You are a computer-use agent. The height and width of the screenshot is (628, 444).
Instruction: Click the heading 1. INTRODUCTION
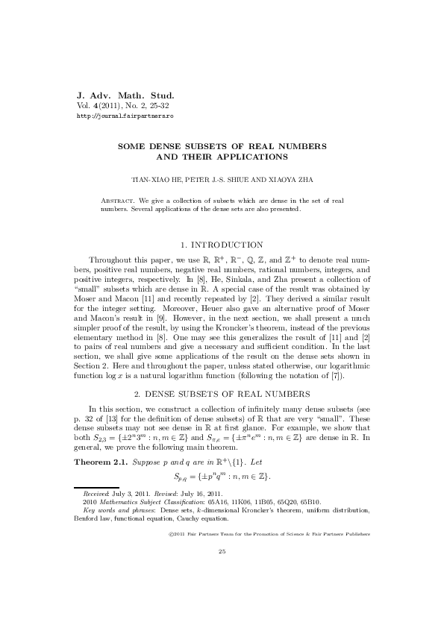(222, 245)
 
